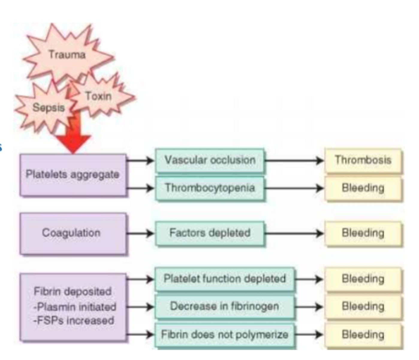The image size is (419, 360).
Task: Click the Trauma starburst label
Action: pos(67,55)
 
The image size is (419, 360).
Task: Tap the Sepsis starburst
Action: pos(48,107)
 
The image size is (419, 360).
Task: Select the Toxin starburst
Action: pos(99,96)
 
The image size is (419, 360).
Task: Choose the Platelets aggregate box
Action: pos(73,175)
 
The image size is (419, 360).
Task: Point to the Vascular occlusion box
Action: pos(209,160)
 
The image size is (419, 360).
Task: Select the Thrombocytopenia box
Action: pos(209,188)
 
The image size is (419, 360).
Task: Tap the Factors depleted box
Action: pos(209,233)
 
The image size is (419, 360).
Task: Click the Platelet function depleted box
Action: pos(224,279)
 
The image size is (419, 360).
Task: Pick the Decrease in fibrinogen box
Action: pos(224,306)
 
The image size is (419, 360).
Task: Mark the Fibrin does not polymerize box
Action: pos(224,334)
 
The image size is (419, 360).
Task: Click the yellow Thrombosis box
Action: pos(363,160)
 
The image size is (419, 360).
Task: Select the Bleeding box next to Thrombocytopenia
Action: pos(363,188)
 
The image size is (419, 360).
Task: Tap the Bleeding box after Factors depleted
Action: pos(363,233)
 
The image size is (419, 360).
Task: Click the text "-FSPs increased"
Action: pos(74,321)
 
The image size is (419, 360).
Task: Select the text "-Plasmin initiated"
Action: pos(75,307)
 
